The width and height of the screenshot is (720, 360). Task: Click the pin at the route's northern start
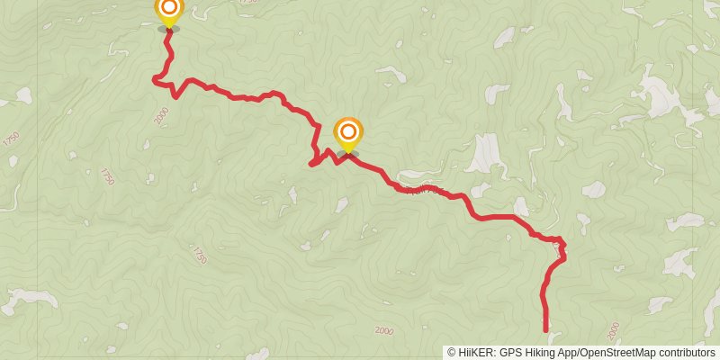(168, 11)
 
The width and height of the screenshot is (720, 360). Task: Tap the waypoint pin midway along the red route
(347, 134)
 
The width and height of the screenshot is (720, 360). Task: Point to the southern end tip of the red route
(545, 330)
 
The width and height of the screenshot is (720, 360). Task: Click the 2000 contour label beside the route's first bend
(162, 115)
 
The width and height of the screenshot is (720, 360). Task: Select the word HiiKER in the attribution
(475, 353)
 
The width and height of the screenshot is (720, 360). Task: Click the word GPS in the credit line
(510, 353)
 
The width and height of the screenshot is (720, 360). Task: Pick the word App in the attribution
(570, 353)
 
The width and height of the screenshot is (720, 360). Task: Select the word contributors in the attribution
(688, 353)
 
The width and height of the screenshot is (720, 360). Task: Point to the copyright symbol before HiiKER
(451, 353)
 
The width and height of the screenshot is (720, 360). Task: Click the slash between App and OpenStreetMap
(580, 353)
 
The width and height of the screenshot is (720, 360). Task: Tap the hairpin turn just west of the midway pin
(311, 163)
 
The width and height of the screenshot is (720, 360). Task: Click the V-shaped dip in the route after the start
(176, 95)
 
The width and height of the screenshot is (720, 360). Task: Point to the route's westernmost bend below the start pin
(154, 81)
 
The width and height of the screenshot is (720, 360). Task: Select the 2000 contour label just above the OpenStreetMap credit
(614, 330)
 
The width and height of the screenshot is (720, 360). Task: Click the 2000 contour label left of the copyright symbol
(384, 330)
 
